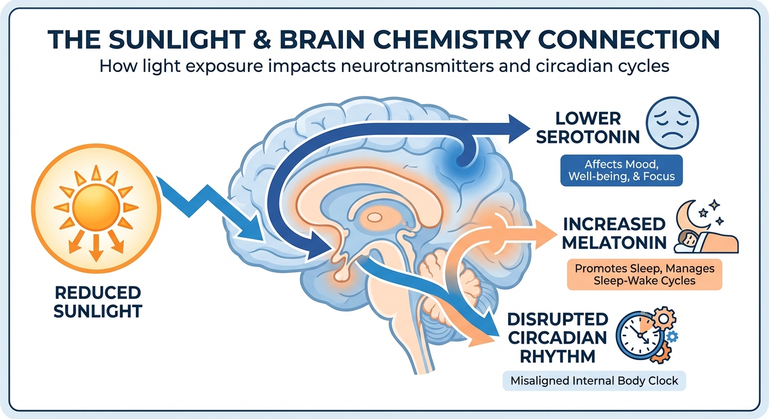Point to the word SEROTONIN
[x=588, y=136]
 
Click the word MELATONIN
[x=614, y=242]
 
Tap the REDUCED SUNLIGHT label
[x=98, y=302]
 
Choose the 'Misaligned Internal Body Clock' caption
[x=594, y=381]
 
